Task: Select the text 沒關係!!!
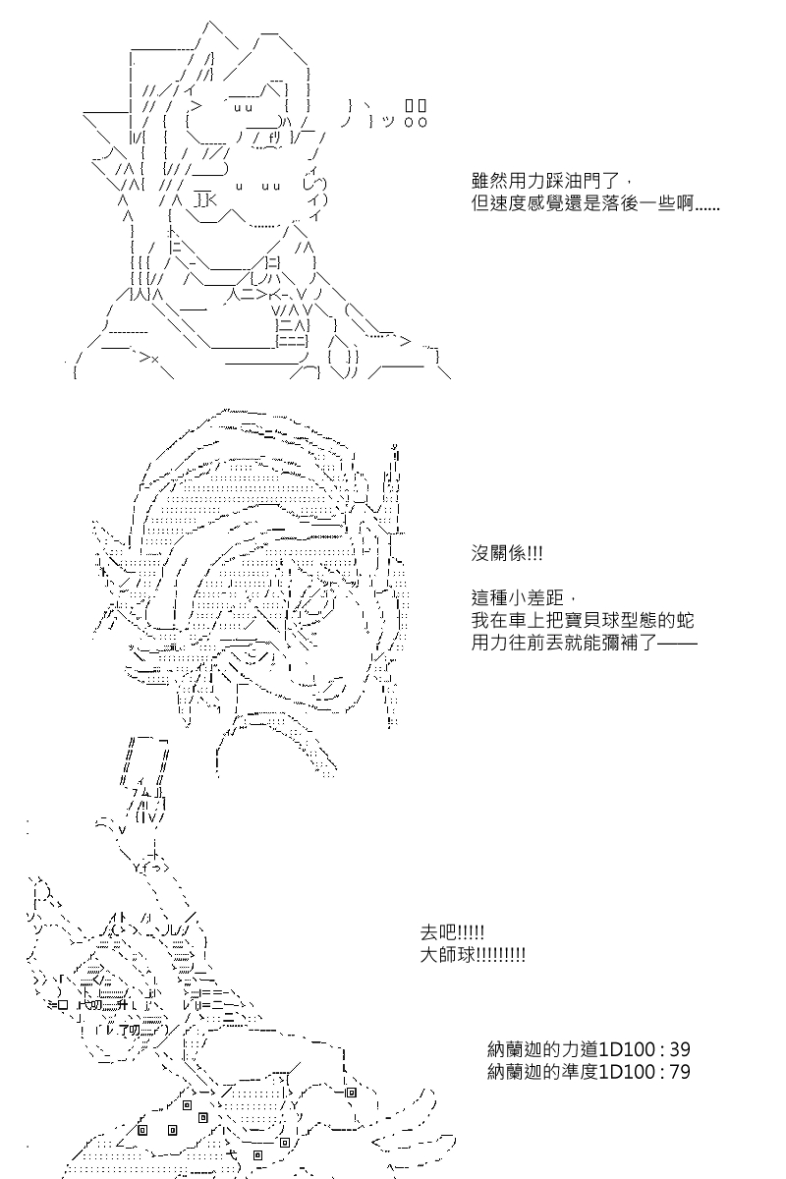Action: [506, 553]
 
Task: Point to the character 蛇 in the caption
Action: [685, 620]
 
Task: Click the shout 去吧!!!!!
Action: [452, 932]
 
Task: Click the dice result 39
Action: [680, 1049]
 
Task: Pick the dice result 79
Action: [680, 1072]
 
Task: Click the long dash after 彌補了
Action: [677, 643]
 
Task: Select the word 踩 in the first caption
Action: [555, 181]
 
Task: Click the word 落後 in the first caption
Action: [620, 203]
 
